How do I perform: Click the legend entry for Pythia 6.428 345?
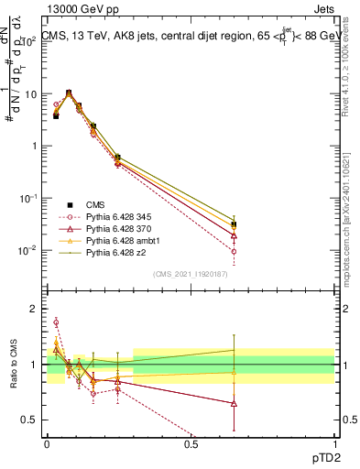[115, 215]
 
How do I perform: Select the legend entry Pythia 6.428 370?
[115, 227]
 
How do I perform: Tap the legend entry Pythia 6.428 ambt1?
[116, 239]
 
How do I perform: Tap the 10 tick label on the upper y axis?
[30, 94]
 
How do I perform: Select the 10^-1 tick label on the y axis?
[28, 199]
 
